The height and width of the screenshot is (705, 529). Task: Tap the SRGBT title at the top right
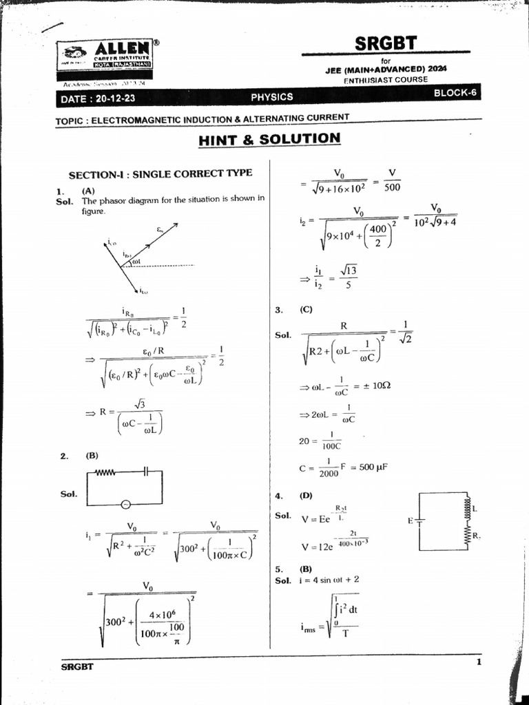point(385,43)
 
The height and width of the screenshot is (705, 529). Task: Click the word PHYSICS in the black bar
point(271,97)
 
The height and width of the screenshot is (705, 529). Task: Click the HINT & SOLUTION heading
point(269,139)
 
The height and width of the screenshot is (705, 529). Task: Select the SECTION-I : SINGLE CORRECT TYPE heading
point(160,173)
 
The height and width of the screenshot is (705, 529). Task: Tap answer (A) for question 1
point(88,191)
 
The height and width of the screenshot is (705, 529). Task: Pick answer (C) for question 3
point(307,310)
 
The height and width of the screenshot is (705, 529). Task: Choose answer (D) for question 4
point(306,495)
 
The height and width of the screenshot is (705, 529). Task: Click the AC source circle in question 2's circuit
point(126,504)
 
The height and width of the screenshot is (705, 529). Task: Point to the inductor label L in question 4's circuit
point(475,508)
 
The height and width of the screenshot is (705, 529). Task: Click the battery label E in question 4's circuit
point(411,520)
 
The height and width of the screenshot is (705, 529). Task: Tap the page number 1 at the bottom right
point(478,662)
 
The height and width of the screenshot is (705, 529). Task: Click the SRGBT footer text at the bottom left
point(77,666)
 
